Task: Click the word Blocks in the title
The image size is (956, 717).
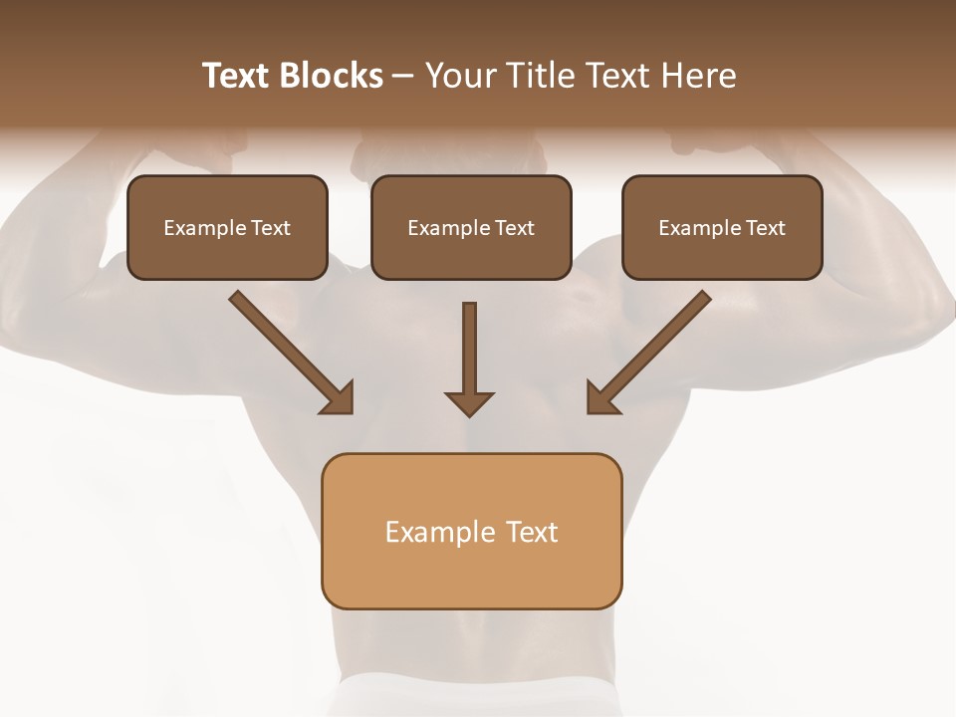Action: [x=332, y=76]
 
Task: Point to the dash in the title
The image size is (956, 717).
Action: [x=403, y=77]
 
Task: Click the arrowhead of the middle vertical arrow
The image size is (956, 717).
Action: [x=469, y=402]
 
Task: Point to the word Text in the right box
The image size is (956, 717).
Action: [x=766, y=228]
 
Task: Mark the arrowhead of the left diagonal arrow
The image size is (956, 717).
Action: [x=339, y=398]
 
